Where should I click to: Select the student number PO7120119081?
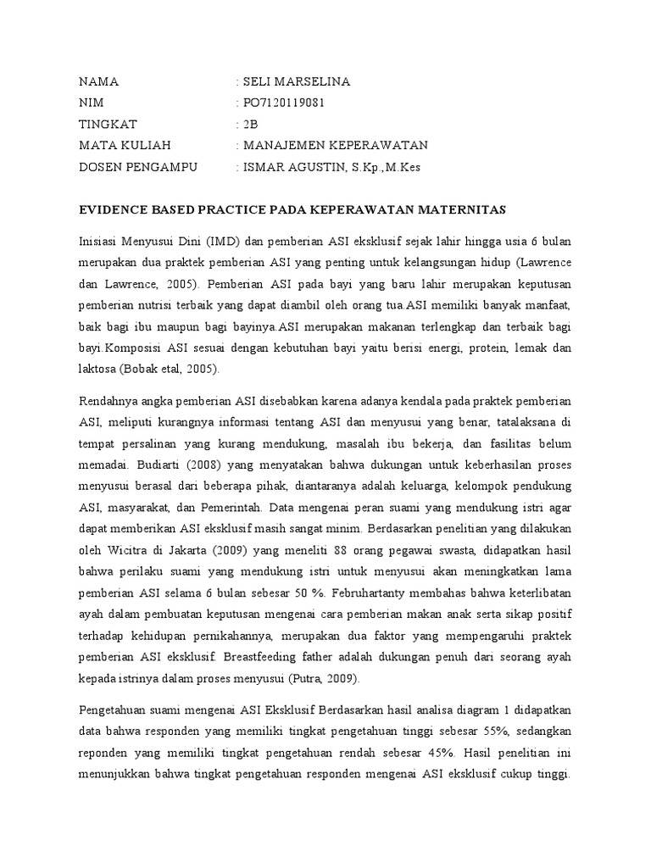[x=283, y=103]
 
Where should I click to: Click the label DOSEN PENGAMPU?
[x=137, y=167]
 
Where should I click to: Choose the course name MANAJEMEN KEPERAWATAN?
[x=335, y=146]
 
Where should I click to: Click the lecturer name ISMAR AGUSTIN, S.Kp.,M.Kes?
[x=331, y=167]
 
